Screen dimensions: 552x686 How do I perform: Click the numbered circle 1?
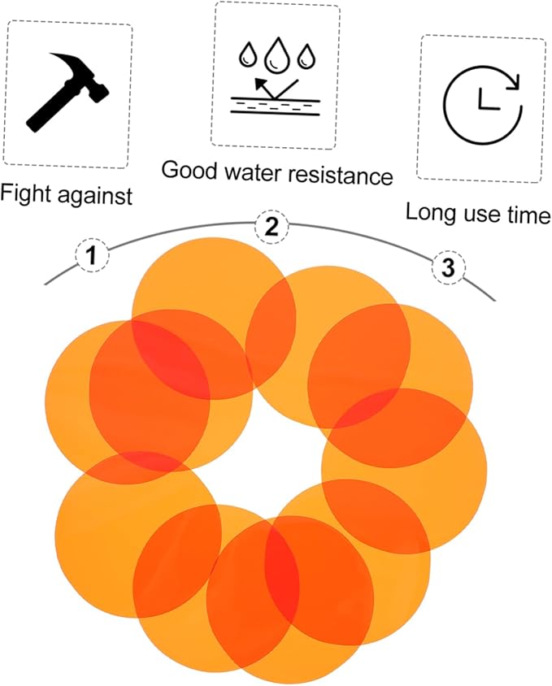[92, 256]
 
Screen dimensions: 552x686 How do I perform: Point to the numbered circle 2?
[272, 227]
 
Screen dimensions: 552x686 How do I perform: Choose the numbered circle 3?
[448, 267]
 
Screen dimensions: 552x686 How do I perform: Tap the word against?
[94, 196]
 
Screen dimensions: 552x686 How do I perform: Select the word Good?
[189, 169]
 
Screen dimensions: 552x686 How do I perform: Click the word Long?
[428, 213]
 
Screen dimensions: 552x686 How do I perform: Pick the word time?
[528, 215]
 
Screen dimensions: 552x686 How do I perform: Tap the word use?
[480, 215]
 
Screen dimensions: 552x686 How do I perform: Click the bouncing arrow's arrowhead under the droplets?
[261, 83]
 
